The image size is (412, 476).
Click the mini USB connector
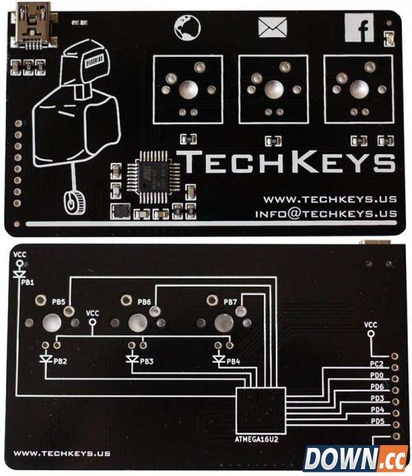tap(30, 26)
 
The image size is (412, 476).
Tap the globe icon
tap(186, 27)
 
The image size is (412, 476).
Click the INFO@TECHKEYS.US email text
tap(325, 213)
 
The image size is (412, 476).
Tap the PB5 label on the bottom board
tap(59, 302)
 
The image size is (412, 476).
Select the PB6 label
tap(144, 302)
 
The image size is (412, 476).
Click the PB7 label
tap(230, 302)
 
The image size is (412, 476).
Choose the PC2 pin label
tap(377, 366)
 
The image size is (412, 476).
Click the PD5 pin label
tap(377, 421)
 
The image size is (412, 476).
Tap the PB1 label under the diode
tap(28, 282)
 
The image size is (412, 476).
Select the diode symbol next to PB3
tap(133, 359)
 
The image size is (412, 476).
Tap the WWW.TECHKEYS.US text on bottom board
tap(62, 453)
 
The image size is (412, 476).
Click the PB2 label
tap(62, 361)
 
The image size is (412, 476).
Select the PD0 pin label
tap(377, 377)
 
